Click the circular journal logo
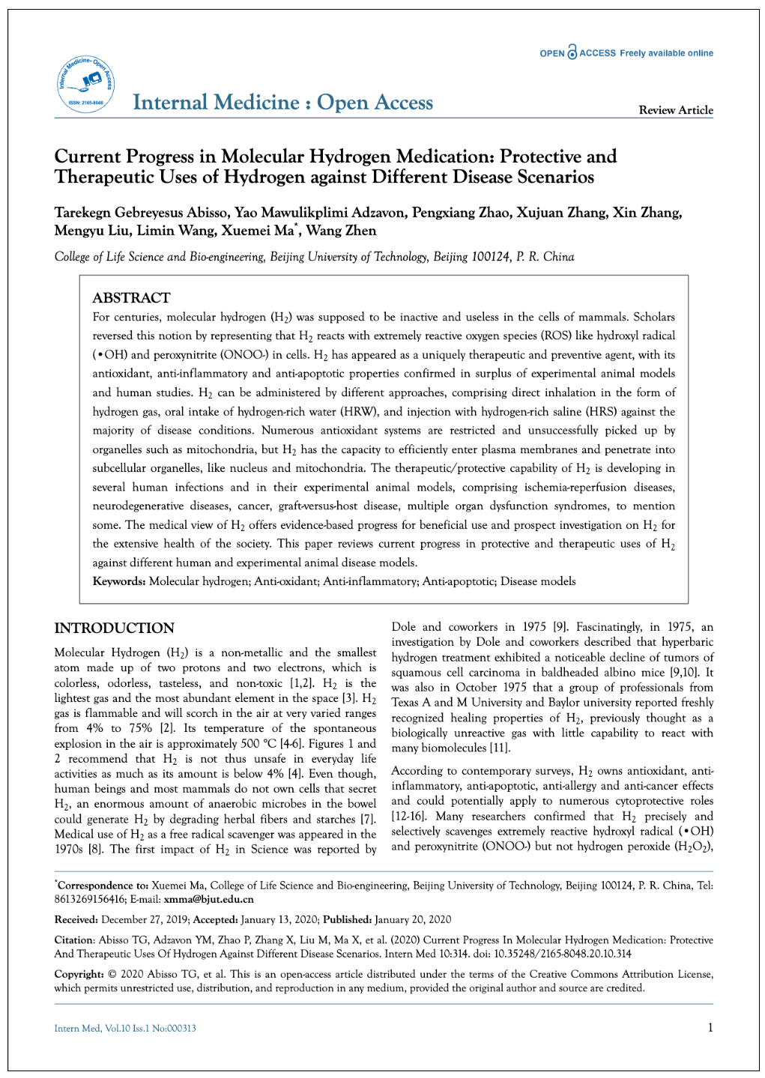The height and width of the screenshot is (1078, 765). pos(85,85)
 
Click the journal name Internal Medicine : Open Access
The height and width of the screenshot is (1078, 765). pos(282,103)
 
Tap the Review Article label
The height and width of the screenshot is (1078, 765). pos(675,110)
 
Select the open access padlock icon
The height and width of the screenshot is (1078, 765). pos(572,52)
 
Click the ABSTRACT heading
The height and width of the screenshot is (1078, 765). pos(131,297)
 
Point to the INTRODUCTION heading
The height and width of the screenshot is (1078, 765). pos(114,628)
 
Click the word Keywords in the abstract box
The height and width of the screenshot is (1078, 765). pos(118,581)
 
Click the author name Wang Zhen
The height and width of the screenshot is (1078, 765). pos(341,231)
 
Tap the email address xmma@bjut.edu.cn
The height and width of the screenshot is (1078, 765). pos(208,899)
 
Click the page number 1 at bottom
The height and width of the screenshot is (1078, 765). pos(710,1028)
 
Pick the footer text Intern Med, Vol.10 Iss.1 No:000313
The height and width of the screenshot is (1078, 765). pos(125,1029)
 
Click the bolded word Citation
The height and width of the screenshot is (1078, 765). pos(74,940)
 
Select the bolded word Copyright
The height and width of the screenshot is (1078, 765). pos(79,974)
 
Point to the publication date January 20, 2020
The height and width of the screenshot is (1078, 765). pos(413,919)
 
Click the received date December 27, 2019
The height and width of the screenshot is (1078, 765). pos(144,919)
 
